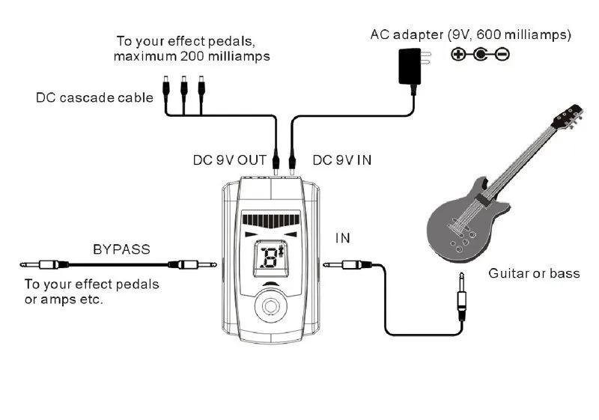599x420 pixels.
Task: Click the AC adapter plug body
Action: [410, 66]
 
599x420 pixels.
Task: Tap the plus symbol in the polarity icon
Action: [457, 54]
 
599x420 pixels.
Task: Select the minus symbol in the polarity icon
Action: [502, 54]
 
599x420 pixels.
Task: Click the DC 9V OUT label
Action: [230, 160]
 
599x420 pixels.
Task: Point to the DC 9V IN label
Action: [342, 160]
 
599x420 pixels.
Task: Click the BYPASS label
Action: [121, 249]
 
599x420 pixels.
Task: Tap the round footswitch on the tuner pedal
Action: [271, 306]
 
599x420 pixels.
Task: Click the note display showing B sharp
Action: [271, 258]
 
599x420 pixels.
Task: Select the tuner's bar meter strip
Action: [271, 220]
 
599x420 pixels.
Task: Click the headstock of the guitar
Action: [568, 116]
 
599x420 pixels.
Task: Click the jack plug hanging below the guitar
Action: [461, 296]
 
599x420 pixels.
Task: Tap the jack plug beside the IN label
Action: [347, 264]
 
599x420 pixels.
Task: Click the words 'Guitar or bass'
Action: [534, 273]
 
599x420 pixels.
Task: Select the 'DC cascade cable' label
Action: [94, 98]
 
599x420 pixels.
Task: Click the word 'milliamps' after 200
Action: [239, 56]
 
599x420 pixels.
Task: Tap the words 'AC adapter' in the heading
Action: [407, 34]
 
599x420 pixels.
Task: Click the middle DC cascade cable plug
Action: [183, 88]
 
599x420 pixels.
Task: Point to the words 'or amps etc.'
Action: [64, 299]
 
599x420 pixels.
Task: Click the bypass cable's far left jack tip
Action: [22, 264]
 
